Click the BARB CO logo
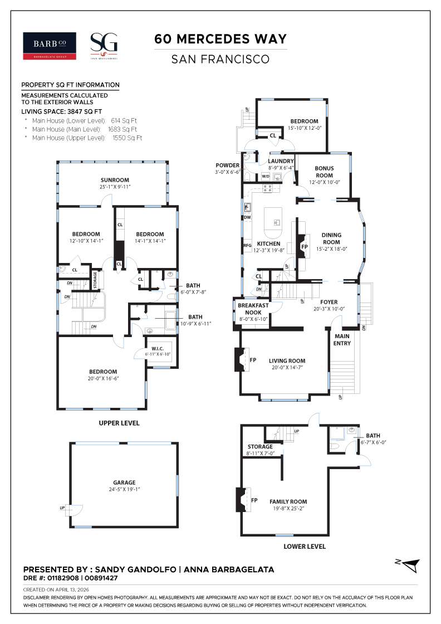49,46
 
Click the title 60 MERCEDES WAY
220,39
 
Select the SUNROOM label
115,180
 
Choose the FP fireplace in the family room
254,500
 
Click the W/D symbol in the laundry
266,177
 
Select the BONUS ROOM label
324,171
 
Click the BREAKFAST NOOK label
253,309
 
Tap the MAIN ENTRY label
342,340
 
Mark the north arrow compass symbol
408,564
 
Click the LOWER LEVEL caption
304,547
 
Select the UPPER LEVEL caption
119,423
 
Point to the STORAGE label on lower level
260,446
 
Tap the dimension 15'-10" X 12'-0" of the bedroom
304,128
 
